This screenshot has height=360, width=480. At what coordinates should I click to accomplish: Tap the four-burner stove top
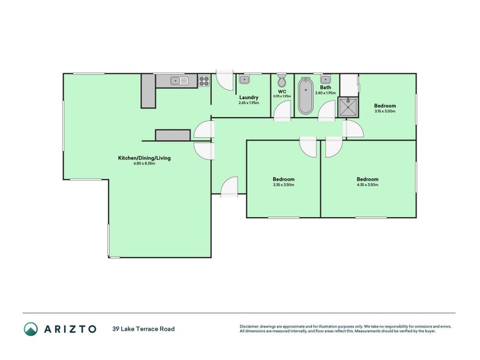coord(204,80)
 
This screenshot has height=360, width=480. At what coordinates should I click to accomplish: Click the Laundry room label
coord(248,97)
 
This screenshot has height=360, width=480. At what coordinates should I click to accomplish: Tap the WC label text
coord(282,91)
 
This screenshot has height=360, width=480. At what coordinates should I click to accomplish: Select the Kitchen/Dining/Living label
coord(144,158)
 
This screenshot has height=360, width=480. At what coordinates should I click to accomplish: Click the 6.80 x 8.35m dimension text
coord(144,164)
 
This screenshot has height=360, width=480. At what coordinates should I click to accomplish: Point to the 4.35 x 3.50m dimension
coord(367,185)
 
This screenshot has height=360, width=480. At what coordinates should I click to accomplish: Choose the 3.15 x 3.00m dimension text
coord(385,111)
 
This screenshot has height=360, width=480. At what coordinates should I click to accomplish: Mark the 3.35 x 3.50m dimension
coord(283,185)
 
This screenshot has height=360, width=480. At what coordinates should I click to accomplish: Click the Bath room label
coord(325,88)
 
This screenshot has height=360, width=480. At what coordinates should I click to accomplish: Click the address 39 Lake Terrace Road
coord(143,329)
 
